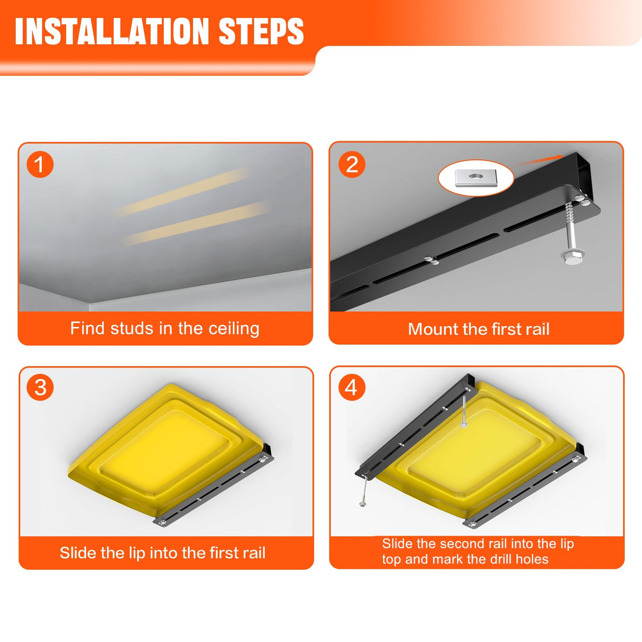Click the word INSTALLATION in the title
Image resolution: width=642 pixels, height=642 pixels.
(112, 31)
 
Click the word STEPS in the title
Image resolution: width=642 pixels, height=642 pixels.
(261, 31)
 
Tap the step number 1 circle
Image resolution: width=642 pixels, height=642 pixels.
(40, 164)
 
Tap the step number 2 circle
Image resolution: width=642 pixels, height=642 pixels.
(352, 164)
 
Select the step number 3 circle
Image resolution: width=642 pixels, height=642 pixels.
(40, 388)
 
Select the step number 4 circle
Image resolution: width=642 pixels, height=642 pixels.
(352, 388)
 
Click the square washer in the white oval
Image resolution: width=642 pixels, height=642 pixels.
(476, 177)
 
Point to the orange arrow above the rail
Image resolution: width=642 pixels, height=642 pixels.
(540, 160)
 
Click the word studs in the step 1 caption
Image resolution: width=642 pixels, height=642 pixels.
(132, 328)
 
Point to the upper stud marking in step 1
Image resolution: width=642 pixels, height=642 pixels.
(182, 192)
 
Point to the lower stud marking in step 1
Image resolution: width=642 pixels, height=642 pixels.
(197, 223)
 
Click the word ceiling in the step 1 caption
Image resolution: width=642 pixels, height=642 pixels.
(234, 329)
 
